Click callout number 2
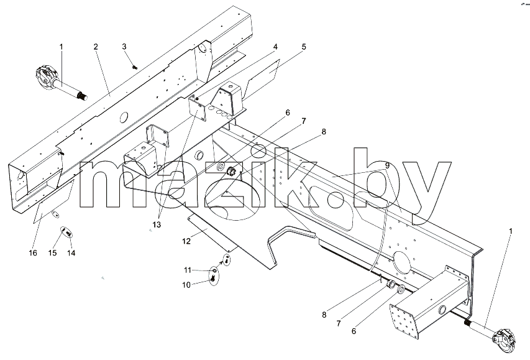[x=96, y=47]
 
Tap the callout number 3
[x=124, y=47]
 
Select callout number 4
[x=275, y=47]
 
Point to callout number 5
[x=304, y=47]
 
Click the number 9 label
[x=387, y=166]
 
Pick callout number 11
[x=188, y=270]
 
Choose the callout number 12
[x=186, y=241]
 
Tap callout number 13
[x=157, y=224]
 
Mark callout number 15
[x=52, y=252]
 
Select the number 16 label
[x=33, y=252]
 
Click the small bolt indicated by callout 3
[x=135, y=67]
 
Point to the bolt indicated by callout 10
[x=213, y=278]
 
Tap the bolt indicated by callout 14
[x=69, y=233]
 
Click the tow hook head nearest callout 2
[x=45, y=77]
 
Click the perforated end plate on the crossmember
[x=404, y=318]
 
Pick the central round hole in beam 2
[x=124, y=118]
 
